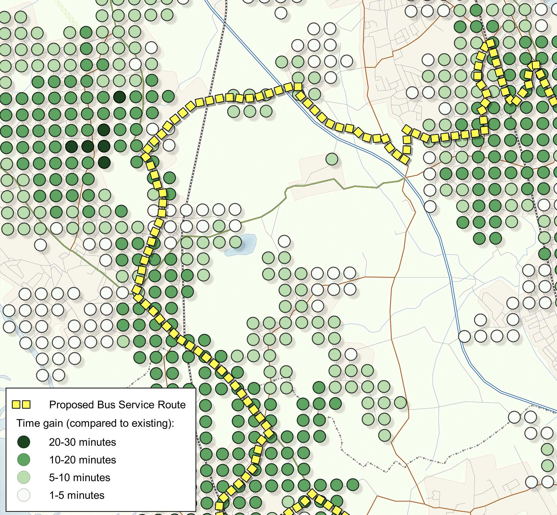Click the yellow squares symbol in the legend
click(x=21, y=405)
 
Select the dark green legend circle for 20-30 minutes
click(x=24, y=442)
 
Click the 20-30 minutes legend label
click(x=82, y=442)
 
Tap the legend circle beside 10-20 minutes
click(x=24, y=460)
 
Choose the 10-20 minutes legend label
click(x=82, y=460)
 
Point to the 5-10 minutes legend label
click(x=80, y=478)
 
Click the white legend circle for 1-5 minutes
click(x=24, y=495)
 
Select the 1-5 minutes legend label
click(x=77, y=495)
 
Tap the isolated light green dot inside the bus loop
click(x=332, y=159)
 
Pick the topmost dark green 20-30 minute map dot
click(x=120, y=97)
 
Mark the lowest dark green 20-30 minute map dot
click(x=104, y=162)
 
